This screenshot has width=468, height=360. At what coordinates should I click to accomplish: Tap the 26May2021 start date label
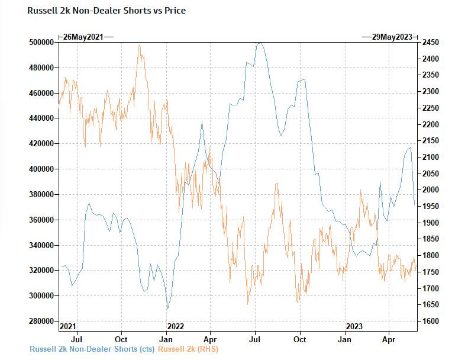83,37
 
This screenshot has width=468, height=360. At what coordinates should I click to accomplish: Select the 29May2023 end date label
391,37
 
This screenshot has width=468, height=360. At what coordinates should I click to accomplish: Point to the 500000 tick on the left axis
41,43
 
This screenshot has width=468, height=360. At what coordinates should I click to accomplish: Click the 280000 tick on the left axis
41,321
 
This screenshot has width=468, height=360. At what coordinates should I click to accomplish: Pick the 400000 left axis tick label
41,169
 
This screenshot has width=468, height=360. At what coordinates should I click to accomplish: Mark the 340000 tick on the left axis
41,245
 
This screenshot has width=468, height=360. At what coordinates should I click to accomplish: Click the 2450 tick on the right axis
430,43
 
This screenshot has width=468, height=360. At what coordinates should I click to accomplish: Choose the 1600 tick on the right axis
430,321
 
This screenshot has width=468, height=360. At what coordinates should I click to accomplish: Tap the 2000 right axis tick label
430,190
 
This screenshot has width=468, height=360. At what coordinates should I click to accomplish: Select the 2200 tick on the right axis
430,124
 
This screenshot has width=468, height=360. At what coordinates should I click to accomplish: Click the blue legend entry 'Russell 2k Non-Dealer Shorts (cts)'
92,349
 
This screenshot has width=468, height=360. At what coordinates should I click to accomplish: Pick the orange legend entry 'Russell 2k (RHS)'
188,349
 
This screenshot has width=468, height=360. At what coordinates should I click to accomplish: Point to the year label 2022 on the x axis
176,326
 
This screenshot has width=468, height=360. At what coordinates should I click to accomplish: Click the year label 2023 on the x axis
354,326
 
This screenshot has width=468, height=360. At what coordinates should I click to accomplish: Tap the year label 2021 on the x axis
68,326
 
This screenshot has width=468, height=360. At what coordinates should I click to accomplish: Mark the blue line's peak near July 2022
259,43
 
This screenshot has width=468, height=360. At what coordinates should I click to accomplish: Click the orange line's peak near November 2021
140,45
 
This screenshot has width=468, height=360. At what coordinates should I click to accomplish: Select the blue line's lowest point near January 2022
167,308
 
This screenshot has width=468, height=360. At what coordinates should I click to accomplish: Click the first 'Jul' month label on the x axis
76,340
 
